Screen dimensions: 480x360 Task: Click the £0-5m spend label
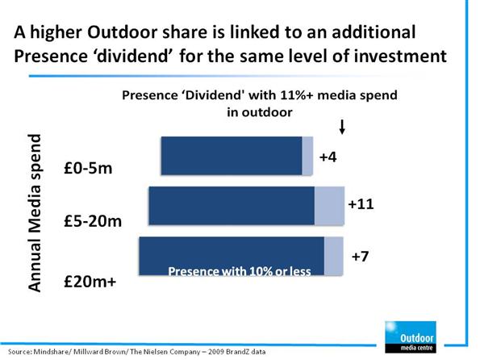tap(88, 168)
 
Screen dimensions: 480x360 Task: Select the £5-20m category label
tap(93, 221)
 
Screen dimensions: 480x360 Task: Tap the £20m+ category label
tap(90, 281)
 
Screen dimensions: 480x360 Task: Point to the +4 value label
tap(328, 157)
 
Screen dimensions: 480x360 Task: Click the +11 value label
tap(361, 203)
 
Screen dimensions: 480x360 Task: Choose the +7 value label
tap(360, 256)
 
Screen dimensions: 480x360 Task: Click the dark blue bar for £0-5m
tap(232, 156)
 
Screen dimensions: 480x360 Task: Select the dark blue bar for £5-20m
tap(232, 206)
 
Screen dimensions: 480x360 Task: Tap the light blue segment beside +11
tap(329, 206)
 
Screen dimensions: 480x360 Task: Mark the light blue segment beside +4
tap(307, 156)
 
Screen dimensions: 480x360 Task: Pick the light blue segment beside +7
tap(334, 256)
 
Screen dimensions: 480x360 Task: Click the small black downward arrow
tap(342, 127)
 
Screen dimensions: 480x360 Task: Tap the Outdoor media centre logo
tap(411, 337)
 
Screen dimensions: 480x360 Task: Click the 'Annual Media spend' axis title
tap(35, 212)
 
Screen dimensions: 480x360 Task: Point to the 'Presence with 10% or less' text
tap(240, 271)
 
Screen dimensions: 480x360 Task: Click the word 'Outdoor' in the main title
tap(122, 32)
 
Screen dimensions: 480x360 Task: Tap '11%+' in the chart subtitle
tap(297, 95)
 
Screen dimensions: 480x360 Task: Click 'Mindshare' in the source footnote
tap(51, 351)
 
